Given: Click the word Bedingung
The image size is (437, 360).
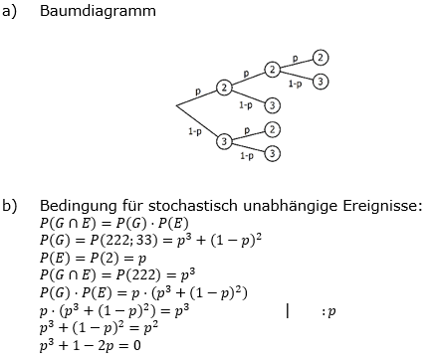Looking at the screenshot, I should (78, 206).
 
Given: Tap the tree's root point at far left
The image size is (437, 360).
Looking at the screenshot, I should (176, 104).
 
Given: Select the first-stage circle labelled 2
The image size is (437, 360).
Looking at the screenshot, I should (224, 89).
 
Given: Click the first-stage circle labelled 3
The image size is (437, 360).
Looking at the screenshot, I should (224, 141).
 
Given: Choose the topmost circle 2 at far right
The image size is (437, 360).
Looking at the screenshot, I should (320, 58).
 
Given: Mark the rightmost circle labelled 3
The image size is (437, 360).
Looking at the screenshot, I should (320, 82).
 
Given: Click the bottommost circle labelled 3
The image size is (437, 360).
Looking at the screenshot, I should (272, 153).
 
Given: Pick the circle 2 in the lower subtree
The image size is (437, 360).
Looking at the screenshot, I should (272, 129).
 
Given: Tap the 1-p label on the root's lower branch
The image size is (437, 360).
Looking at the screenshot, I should (196, 130).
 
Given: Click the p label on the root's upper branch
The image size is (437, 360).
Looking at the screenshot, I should (198, 90).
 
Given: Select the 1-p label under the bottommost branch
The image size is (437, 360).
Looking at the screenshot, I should (246, 156).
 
